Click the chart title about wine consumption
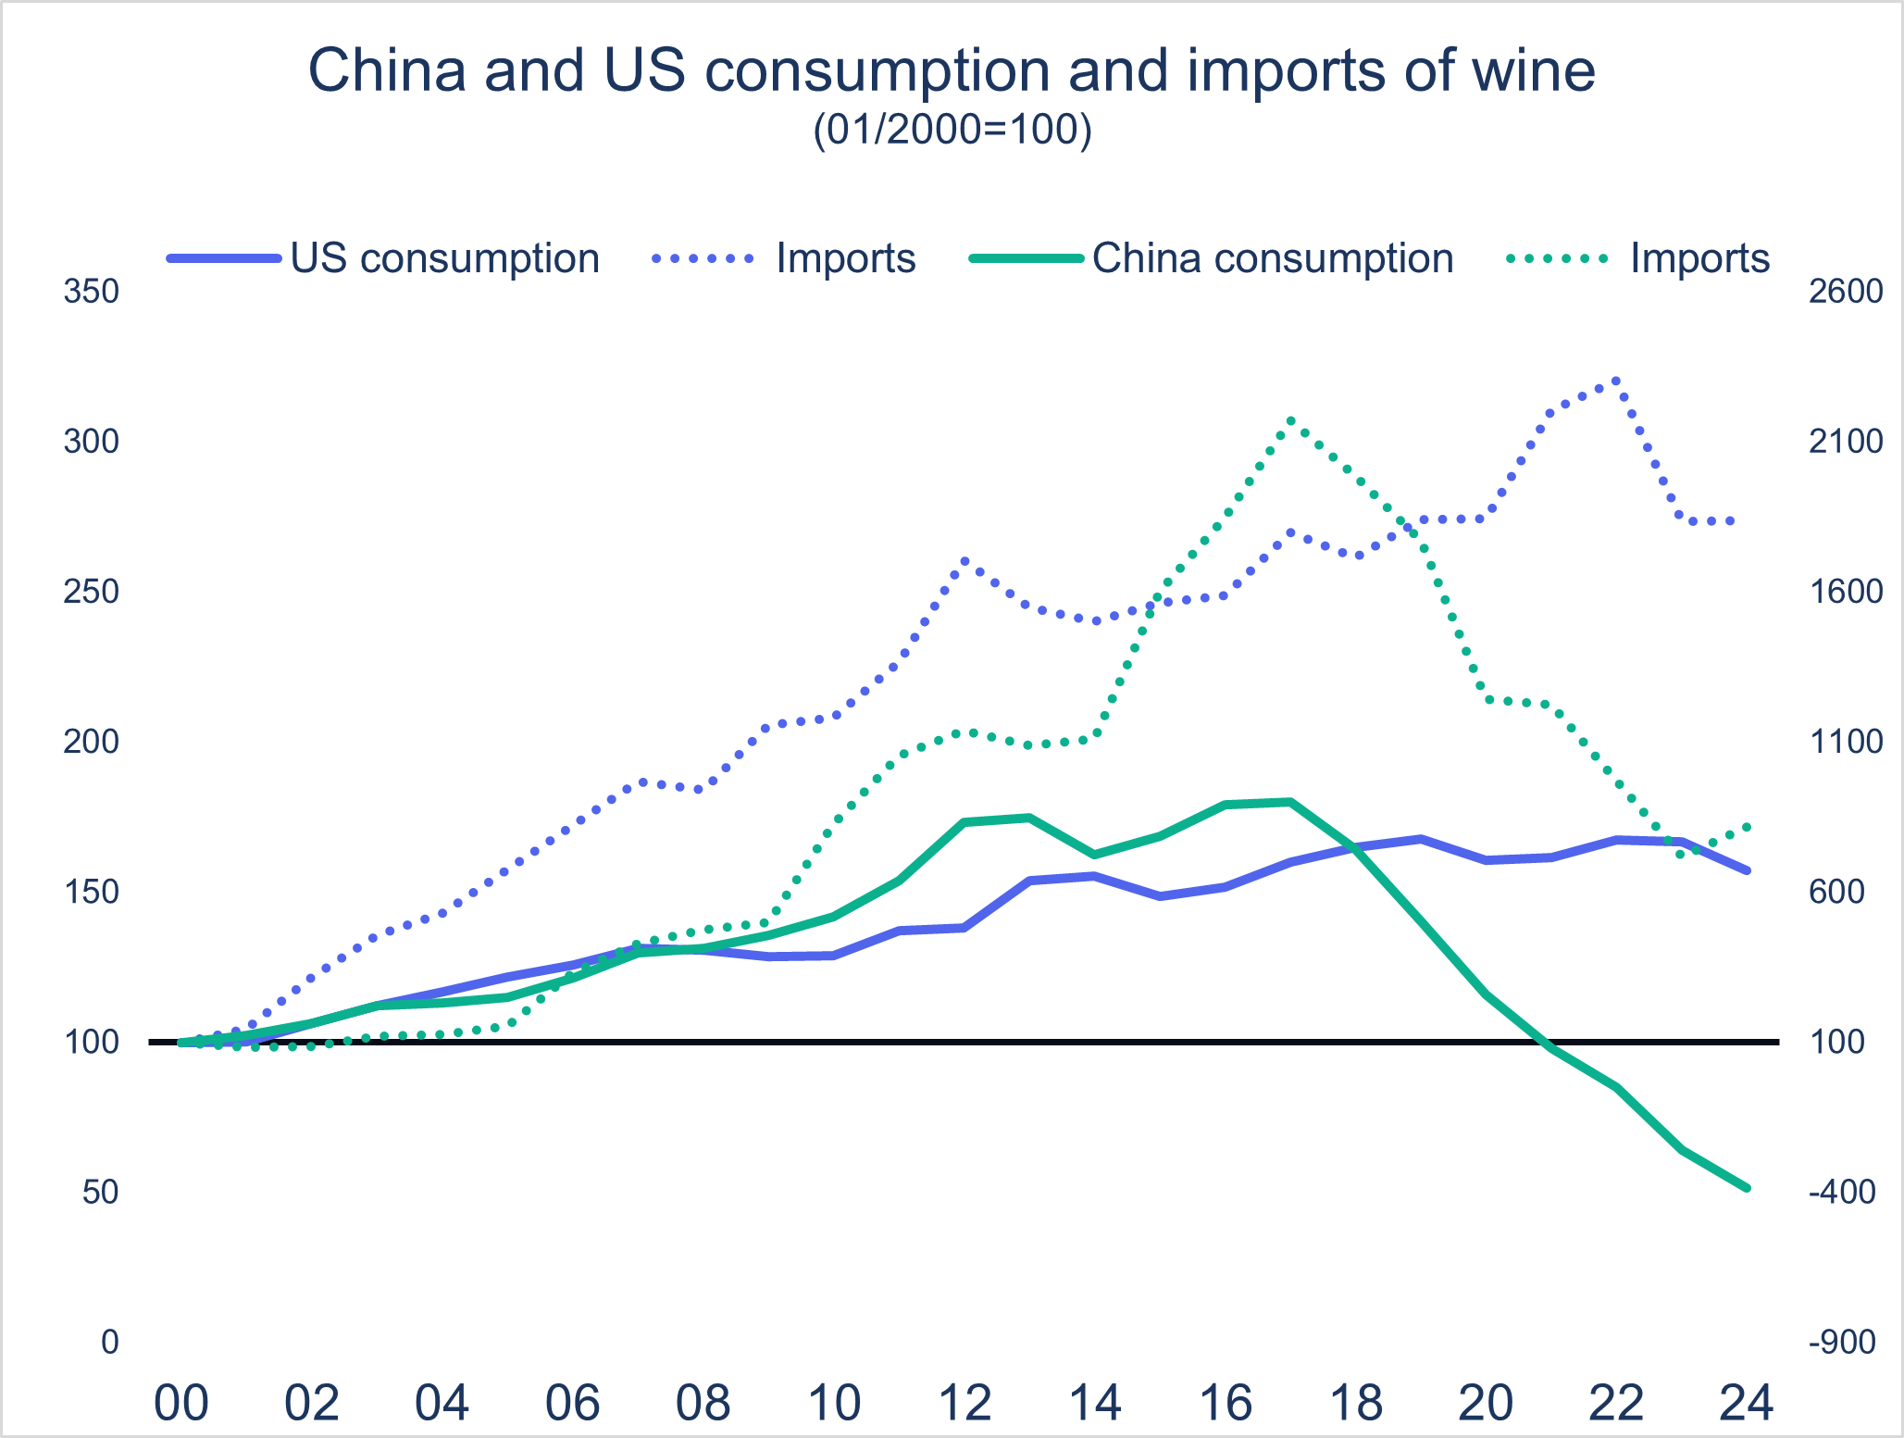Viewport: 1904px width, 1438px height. coord(952,70)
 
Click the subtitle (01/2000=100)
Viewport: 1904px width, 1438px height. coord(952,130)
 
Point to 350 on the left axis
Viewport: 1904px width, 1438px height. coord(92,292)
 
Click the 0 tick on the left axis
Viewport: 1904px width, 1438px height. coord(110,1342)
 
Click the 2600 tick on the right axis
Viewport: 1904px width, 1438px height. coord(1846,292)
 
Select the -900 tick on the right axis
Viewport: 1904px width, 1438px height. coord(1842,1342)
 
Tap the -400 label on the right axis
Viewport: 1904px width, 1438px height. coord(1842,1192)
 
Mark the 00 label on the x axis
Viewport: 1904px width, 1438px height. coord(180,1403)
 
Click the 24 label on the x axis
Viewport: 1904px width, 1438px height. coord(1746,1403)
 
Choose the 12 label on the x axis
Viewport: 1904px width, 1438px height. coord(964,1403)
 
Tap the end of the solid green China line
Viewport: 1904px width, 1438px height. coord(1747,1188)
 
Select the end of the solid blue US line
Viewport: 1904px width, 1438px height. coord(1747,871)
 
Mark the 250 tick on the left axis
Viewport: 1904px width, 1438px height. coord(92,592)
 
